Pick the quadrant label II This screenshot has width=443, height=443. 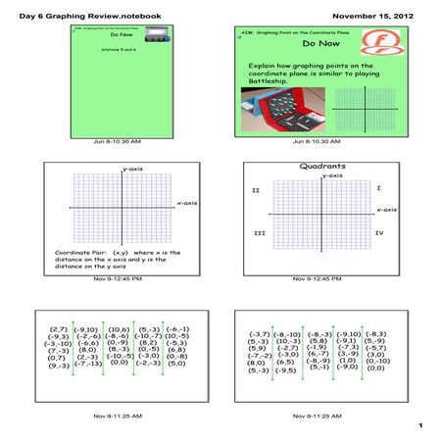255,189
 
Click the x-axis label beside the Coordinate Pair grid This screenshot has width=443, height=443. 187,203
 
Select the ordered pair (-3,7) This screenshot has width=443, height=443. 259,334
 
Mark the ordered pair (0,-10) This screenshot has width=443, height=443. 377,360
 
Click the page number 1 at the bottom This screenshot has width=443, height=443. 418,425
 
